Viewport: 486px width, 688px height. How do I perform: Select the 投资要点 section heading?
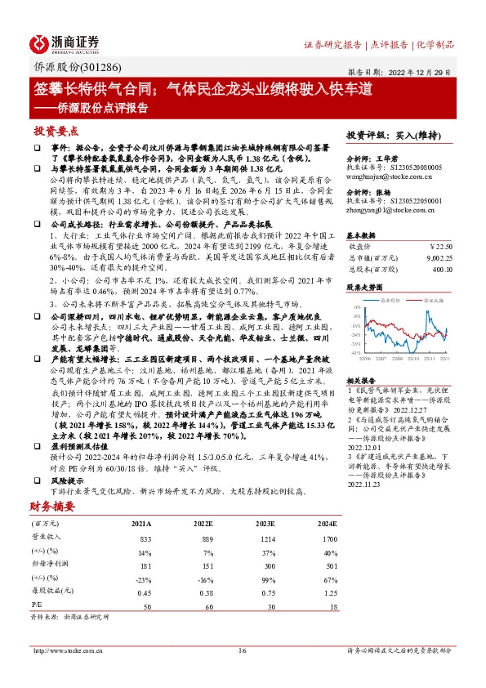57,131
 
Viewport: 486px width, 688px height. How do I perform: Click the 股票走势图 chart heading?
366,288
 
